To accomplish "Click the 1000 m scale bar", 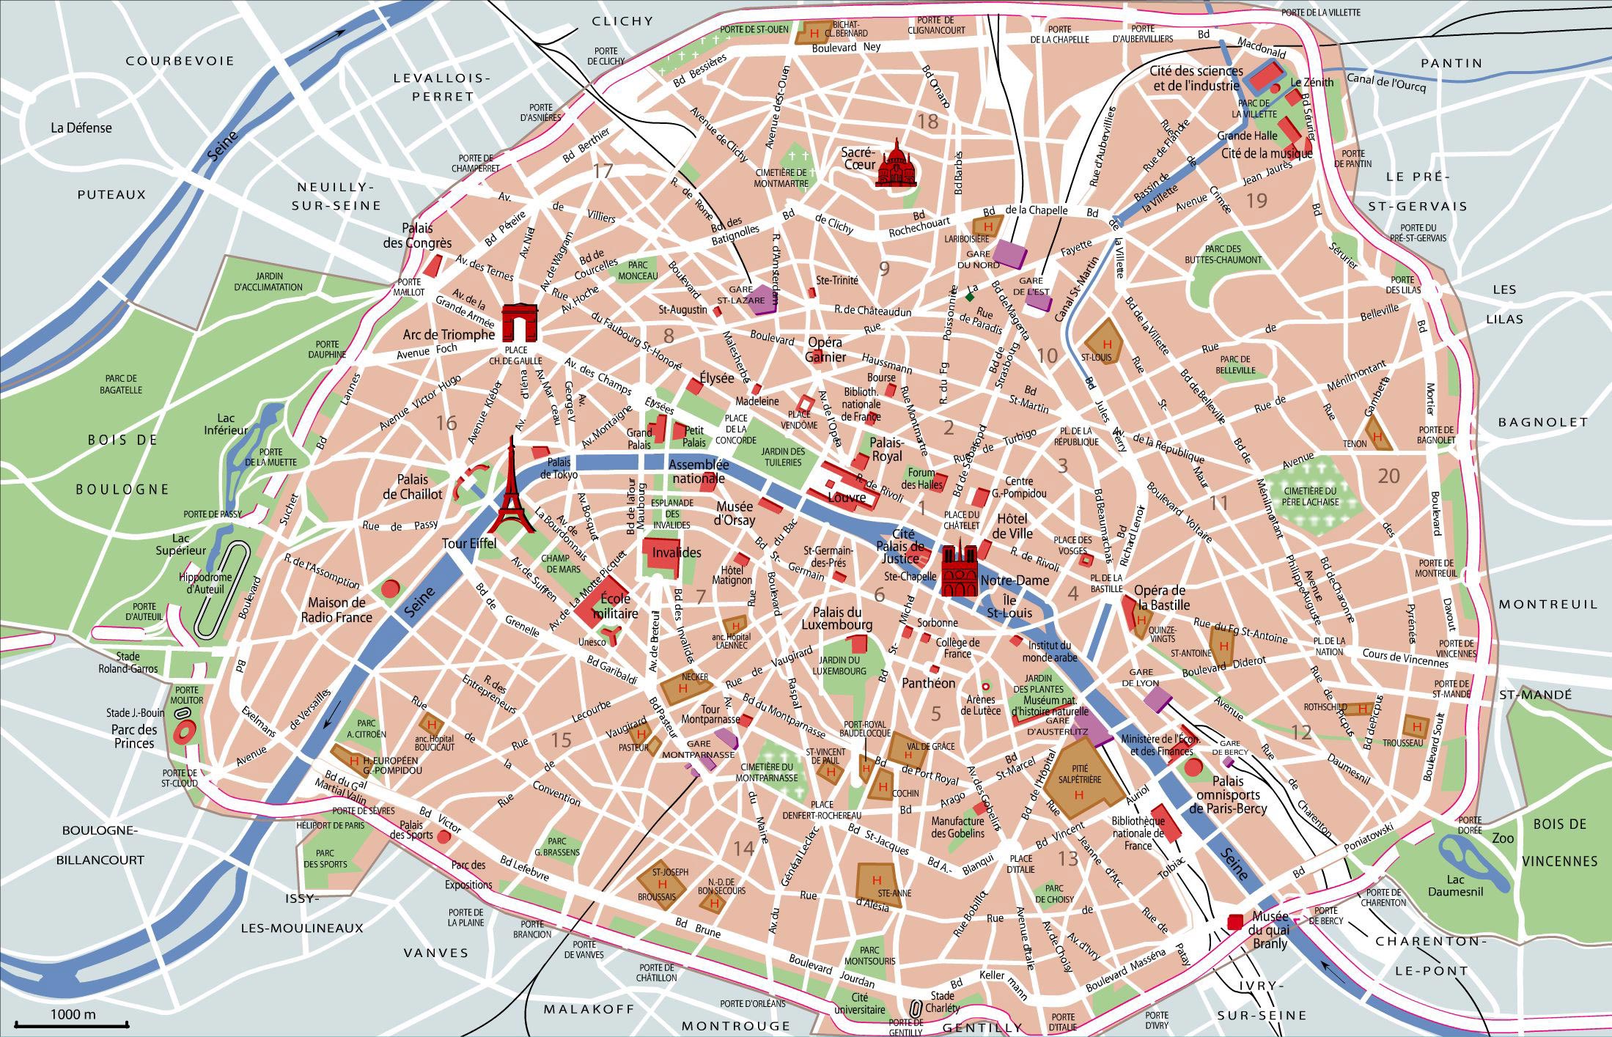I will (73, 1023).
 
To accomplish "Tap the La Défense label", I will (81, 128).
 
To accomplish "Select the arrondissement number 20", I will (1388, 476).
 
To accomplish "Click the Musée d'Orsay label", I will (735, 513).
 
